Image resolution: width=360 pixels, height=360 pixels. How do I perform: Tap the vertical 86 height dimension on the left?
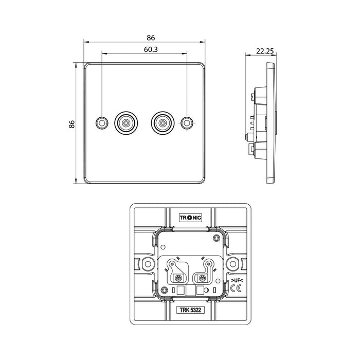(72, 124)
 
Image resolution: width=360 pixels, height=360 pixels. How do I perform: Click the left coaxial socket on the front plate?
(125, 123)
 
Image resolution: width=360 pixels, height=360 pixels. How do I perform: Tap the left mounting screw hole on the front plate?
(102, 123)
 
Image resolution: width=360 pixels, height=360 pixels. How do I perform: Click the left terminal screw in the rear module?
(178, 278)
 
